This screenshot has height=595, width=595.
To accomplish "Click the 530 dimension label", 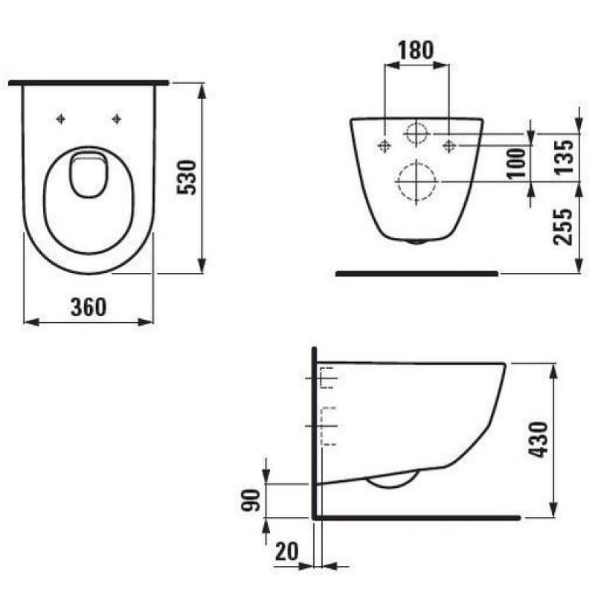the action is pos(187,178).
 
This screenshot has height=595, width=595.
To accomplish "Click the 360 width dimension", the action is pos(89,307).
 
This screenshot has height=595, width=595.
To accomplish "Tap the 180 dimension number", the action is pos(416,50).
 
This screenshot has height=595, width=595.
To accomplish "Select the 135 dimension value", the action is pos(565,157).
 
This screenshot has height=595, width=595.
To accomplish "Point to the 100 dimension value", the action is pos(516,164).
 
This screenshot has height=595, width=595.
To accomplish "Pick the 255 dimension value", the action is pos(563,227).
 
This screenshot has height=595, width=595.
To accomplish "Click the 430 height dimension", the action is pos(538,440).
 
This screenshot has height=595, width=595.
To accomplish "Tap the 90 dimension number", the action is pos(251,501).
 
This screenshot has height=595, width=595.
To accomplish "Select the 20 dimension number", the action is pos(287,551).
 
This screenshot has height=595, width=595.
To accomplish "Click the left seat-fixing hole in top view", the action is pos(61,119).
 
